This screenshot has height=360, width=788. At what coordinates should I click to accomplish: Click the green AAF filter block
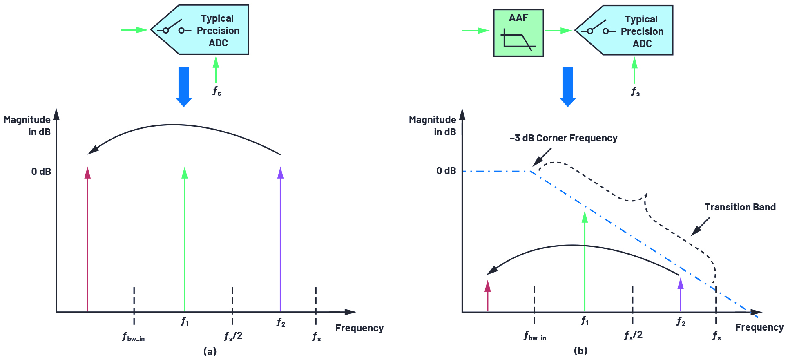tap(518, 33)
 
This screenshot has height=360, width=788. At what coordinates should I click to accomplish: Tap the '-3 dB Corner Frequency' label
tap(563, 138)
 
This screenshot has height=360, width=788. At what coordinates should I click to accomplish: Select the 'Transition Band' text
tap(740, 207)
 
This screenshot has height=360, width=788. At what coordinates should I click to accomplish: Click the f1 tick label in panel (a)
tap(185, 322)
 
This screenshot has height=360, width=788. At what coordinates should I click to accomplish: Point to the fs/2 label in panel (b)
tap(633, 335)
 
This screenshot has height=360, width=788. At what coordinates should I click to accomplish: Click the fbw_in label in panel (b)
tap(535, 336)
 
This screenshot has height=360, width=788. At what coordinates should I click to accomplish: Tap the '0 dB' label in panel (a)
tap(41, 172)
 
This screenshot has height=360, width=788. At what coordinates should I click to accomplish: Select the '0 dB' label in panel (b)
tap(446, 171)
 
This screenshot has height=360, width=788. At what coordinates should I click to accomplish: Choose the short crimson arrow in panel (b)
tap(487, 296)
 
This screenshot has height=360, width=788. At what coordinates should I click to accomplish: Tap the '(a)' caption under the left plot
tap(210, 351)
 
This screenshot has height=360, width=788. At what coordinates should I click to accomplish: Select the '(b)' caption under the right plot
tap(580, 351)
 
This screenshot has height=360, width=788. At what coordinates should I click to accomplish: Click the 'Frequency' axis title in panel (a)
tap(359, 328)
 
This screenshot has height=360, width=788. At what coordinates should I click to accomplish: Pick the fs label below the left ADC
tap(217, 91)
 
